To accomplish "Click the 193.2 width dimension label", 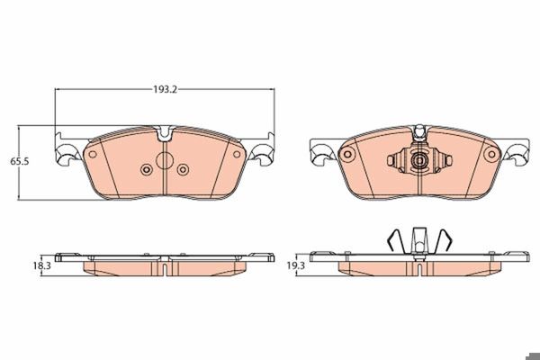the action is (165, 90).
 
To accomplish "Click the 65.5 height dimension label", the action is (19, 161).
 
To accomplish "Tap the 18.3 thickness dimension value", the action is (42, 266).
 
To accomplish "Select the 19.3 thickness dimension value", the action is (296, 265).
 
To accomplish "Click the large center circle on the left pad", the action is (165, 160).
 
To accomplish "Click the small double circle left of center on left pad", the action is (147, 169).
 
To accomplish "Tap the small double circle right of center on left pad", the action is (183, 169).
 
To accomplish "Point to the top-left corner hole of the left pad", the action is (93, 154).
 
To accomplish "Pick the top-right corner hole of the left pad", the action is (237, 154).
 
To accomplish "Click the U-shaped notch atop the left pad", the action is (165, 134).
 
